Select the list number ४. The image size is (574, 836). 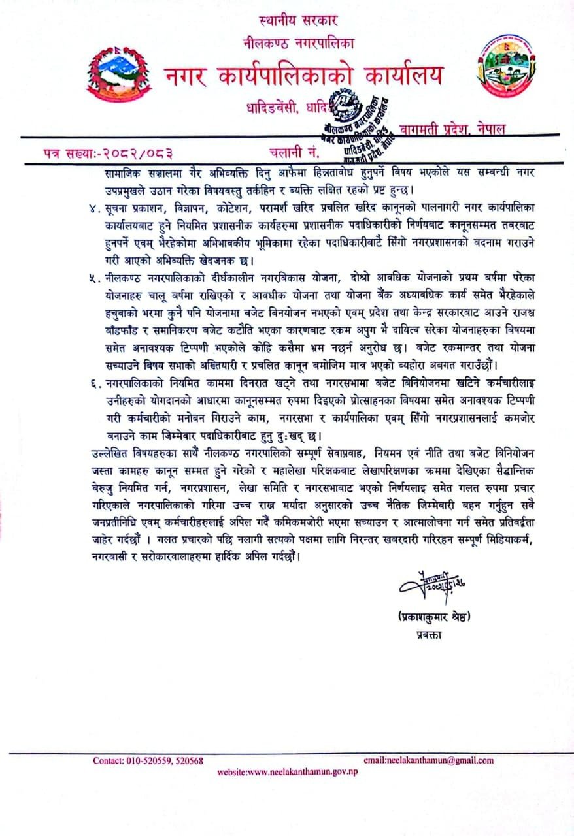[92, 208]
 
